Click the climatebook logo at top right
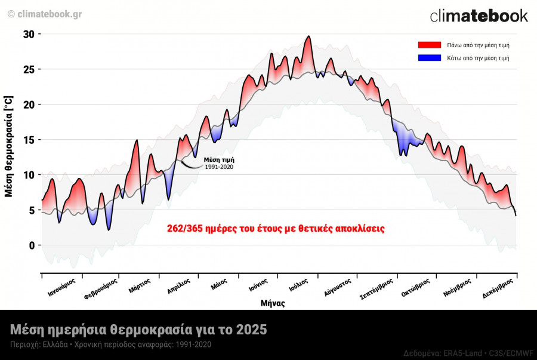point(479,16)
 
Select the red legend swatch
point(429,45)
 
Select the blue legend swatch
point(429,58)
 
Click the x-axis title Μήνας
point(273,303)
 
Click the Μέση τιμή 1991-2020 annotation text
point(218,163)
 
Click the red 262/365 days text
point(276,229)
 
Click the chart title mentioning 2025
point(138,330)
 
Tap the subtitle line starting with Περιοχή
point(110,344)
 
